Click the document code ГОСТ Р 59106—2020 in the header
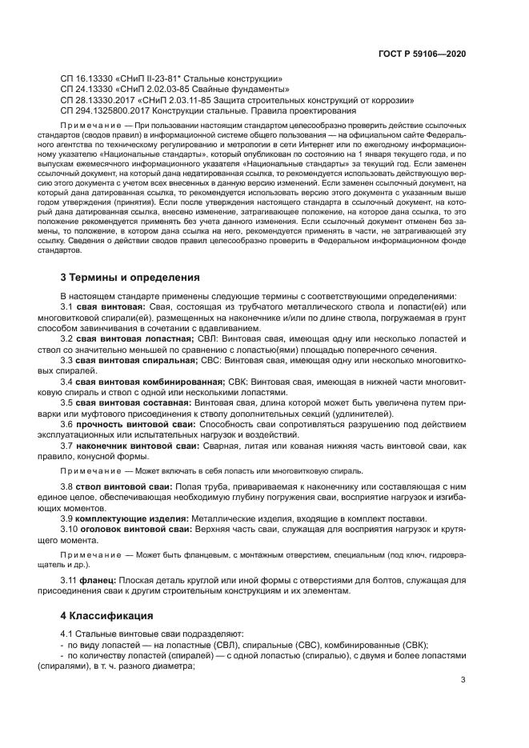click(423, 54)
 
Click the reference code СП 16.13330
click(89, 79)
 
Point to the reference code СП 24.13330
click(89, 90)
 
